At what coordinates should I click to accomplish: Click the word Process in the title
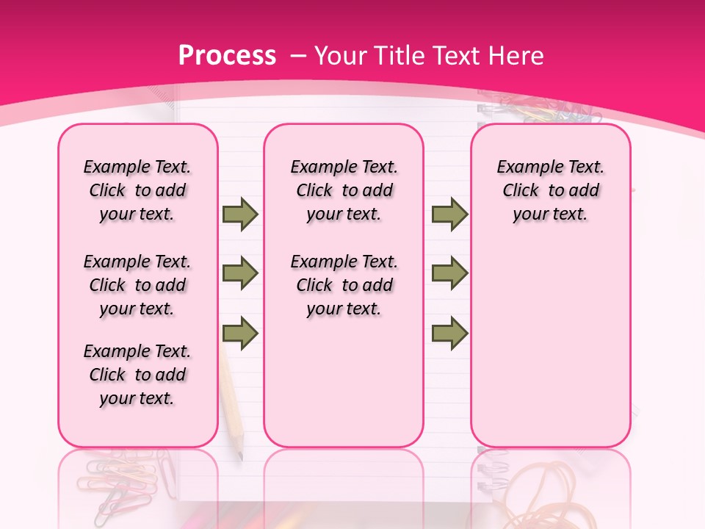[227, 56]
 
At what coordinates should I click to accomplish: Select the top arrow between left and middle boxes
[240, 214]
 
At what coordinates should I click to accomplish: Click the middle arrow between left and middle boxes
[240, 273]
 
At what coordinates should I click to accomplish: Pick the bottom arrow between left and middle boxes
[240, 334]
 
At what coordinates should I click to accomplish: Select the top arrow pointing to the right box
[449, 214]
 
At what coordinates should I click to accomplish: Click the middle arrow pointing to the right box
[449, 273]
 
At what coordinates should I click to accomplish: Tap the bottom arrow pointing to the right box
[449, 334]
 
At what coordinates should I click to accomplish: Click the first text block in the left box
[137, 190]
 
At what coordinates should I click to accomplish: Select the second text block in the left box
[137, 285]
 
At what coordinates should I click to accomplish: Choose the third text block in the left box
[137, 375]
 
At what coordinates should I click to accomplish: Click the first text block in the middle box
[344, 190]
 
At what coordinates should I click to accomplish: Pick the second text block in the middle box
[344, 285]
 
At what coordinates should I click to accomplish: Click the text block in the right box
[550, 190]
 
